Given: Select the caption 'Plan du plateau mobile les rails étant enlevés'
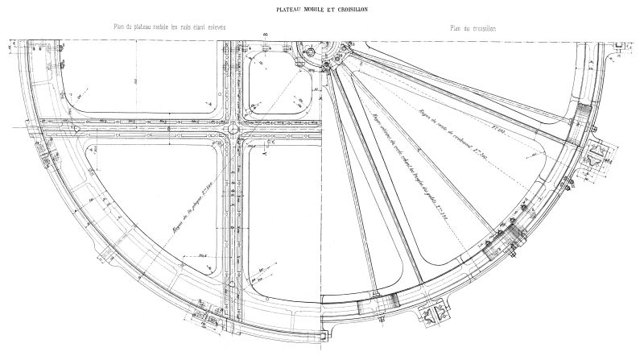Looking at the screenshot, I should [x=169, y=27].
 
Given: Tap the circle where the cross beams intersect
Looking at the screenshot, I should [x=233, y=127].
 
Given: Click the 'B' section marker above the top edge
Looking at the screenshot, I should [x=266, y=36].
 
